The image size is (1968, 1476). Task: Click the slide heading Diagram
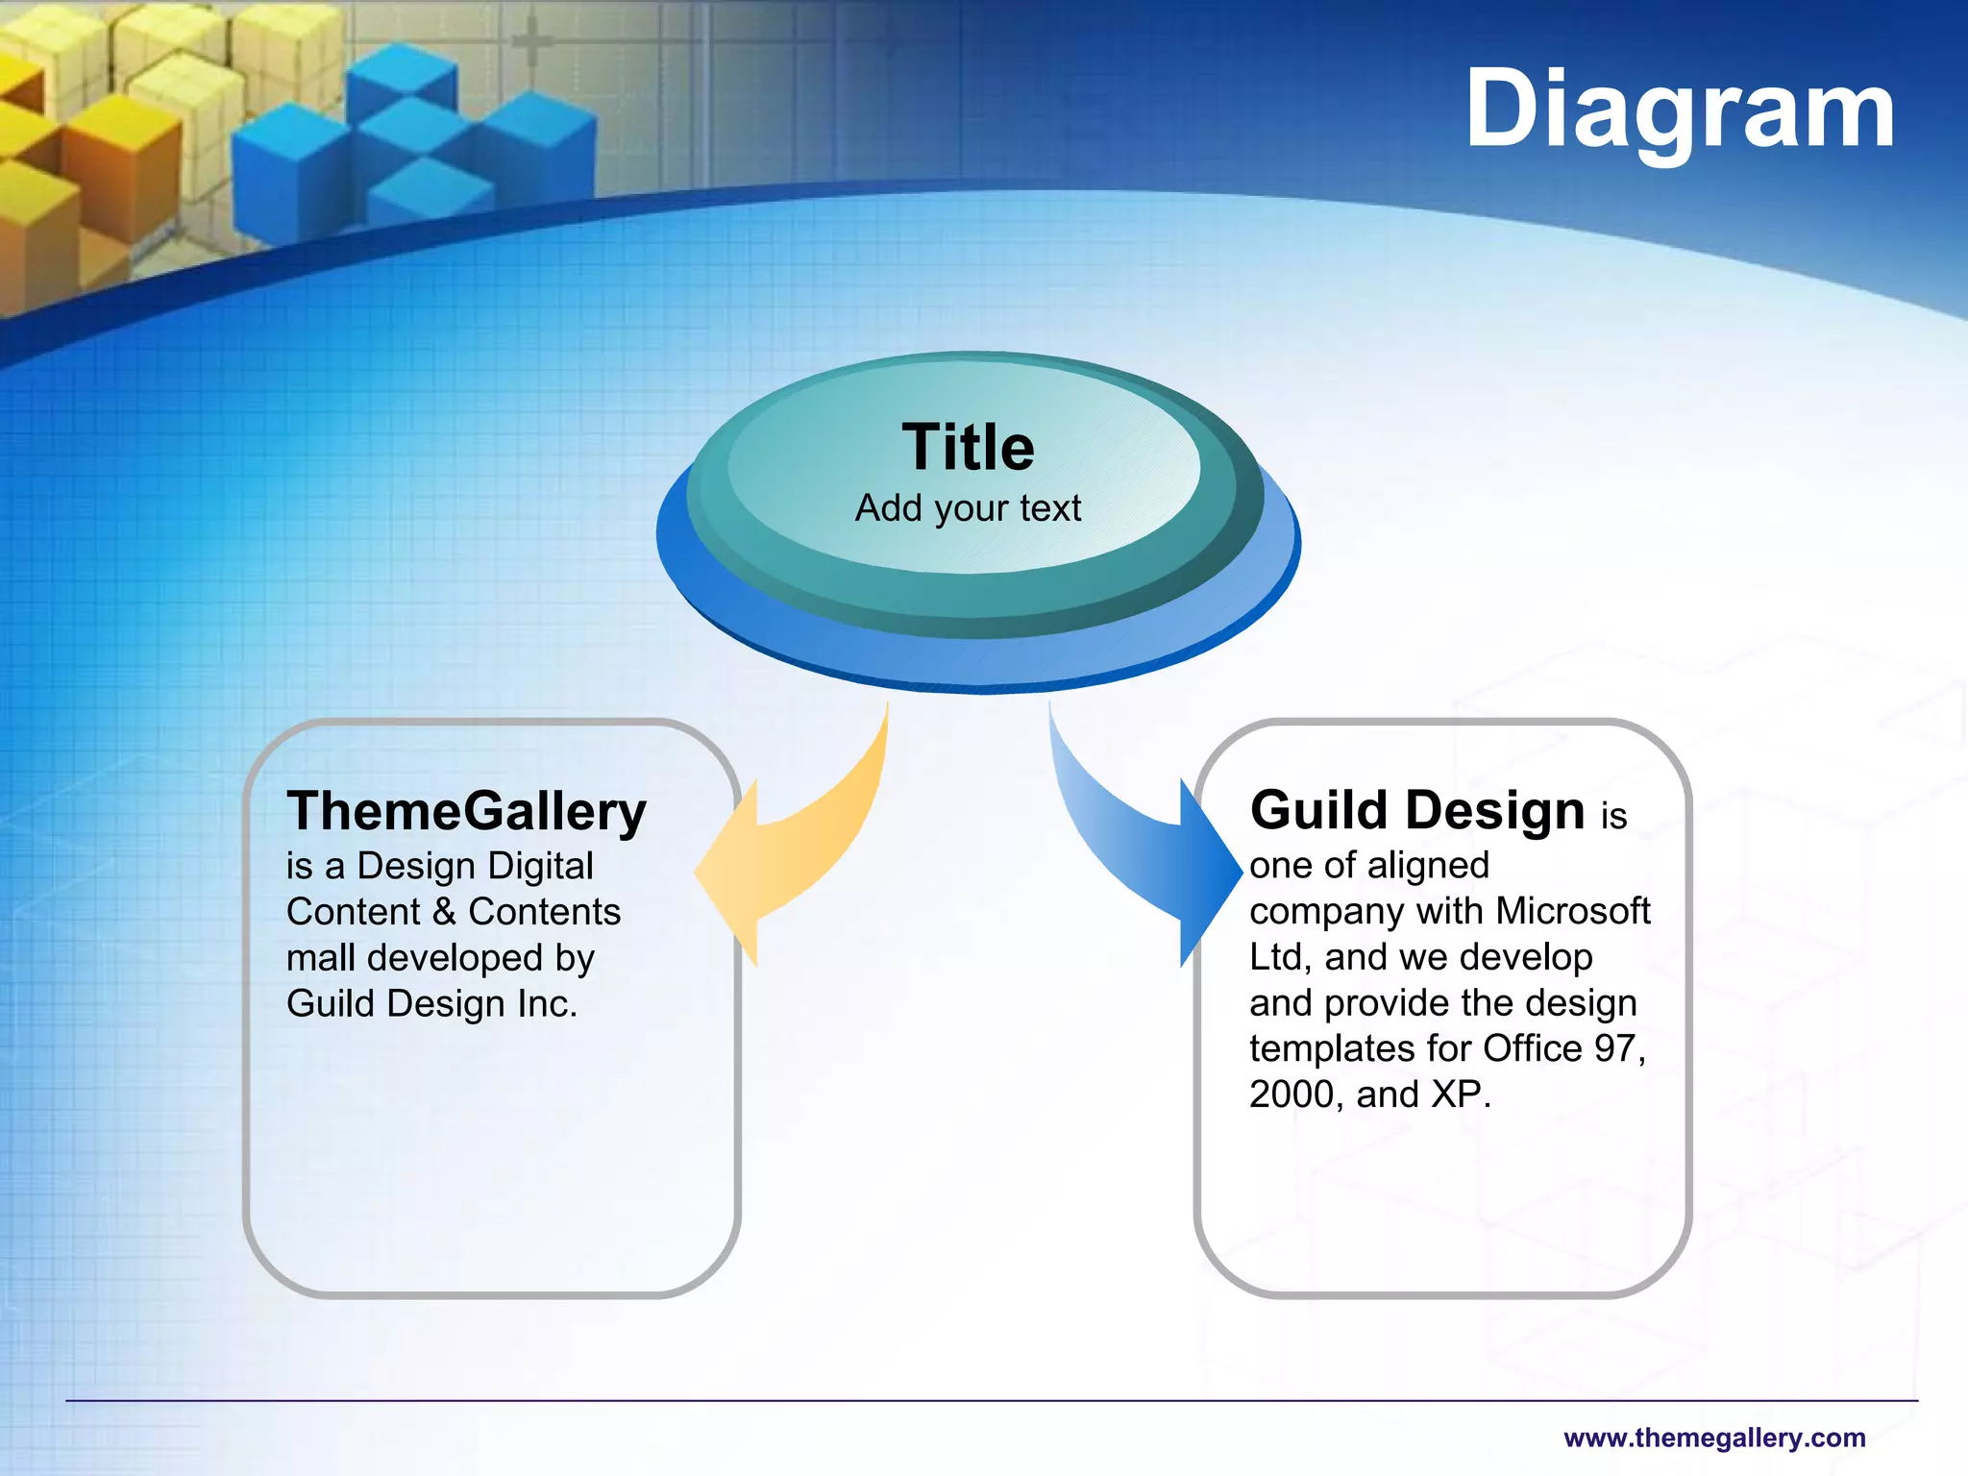(1679, 111)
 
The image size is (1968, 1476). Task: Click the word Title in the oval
(968, 448)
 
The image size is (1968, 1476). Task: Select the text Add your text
(968, 508)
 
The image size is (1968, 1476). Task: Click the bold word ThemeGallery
(466, 812)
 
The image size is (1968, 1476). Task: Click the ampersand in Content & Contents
(444, 912)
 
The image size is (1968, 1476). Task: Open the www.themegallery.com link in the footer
(1713, 1438)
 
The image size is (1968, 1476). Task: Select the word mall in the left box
(321, 958)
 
